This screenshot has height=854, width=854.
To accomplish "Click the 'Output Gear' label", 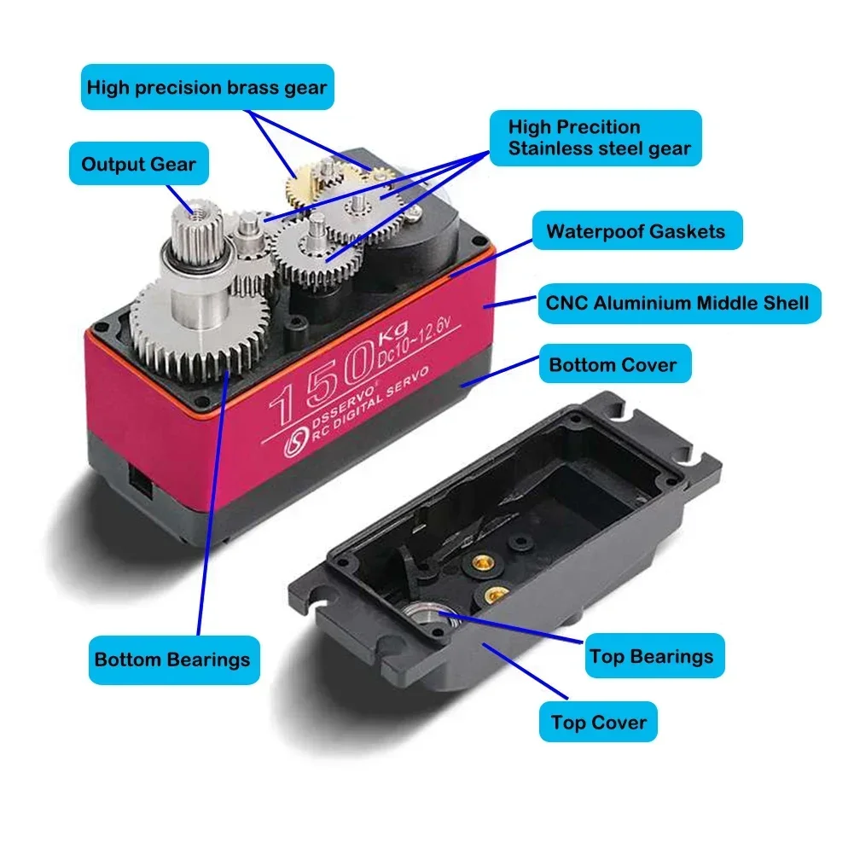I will pyautogui.click(x=138, y=164).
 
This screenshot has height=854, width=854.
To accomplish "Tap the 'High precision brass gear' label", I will pyautogui.click(x=206, y=87).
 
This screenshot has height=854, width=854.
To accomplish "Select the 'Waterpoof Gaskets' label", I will pyautogui.click(x=636, y=231).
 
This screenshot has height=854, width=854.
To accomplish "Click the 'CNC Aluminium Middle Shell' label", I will pyautogui.click(x=677, y=303).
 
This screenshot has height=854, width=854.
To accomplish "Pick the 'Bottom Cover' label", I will pyautogui.click(x=613, y=365).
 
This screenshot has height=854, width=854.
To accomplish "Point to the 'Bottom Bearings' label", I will pyautogui.click(x=172, y=659).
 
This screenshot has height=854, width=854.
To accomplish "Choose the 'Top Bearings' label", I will pyautogui.click(x=651, y=656).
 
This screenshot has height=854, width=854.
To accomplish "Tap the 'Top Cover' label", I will pyautogui.click(x=598, y=723).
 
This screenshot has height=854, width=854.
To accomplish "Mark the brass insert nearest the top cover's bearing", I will pyautogui.click(x=491, y=595).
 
